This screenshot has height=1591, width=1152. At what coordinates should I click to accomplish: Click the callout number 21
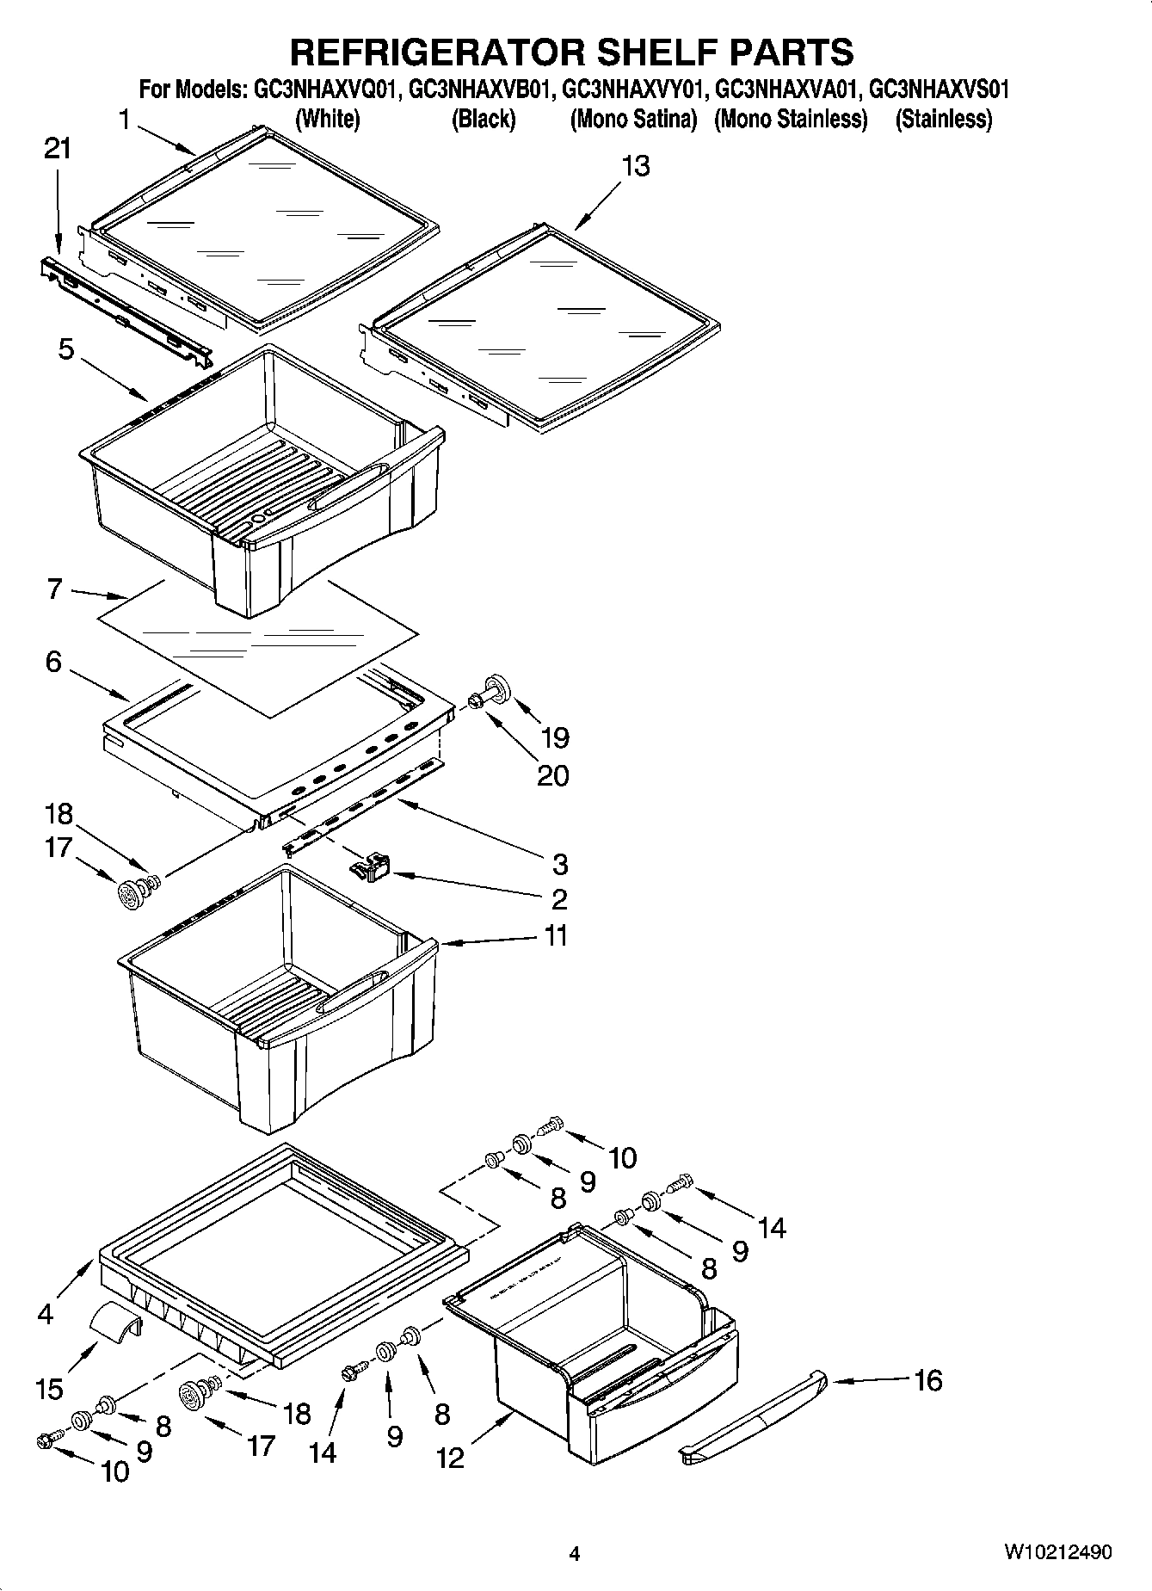point(58,149)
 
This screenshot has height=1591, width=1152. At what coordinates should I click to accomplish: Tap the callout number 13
point(636,166)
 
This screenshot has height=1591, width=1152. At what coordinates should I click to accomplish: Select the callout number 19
point(555,737)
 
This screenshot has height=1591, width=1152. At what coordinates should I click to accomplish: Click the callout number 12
point(449,1457)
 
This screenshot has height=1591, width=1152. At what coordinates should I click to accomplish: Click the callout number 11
point(557,935)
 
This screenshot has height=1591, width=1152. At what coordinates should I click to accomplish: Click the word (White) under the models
point(327,120)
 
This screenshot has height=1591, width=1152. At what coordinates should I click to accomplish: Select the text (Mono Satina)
point(633,120)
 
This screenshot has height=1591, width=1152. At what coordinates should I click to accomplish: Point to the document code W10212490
point(1057,1553)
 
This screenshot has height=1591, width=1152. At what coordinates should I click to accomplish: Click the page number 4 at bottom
point(575,1554)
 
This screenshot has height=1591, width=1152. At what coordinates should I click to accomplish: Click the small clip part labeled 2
point(372,867)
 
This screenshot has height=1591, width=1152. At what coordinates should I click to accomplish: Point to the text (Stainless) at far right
point(944,120)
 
